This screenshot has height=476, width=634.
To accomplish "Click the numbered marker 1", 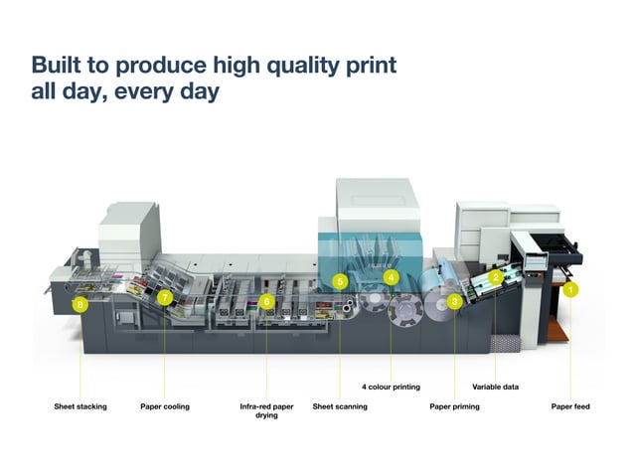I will tap(570, 289).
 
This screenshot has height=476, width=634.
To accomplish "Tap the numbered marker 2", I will tap(495, 277).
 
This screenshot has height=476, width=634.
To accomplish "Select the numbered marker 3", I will tap(454, 300).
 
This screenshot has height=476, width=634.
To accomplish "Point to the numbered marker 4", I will tap(392, 277).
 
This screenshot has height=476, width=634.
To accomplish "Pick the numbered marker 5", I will tap(340, 282).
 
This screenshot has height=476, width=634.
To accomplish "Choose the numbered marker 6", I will tap(266, 301).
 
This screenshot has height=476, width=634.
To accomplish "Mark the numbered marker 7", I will tap(165, 297).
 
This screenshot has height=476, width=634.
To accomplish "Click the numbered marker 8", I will tap(79, 305).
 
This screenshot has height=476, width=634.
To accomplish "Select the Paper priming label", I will tap(454, 406).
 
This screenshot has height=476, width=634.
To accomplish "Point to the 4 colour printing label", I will tap(391, 387).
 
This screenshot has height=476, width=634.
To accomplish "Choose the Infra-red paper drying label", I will tap(265, 410).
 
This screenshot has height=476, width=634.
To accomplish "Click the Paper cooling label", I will tap(165, 406).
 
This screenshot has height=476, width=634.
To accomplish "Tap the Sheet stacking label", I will tap(80, 406).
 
